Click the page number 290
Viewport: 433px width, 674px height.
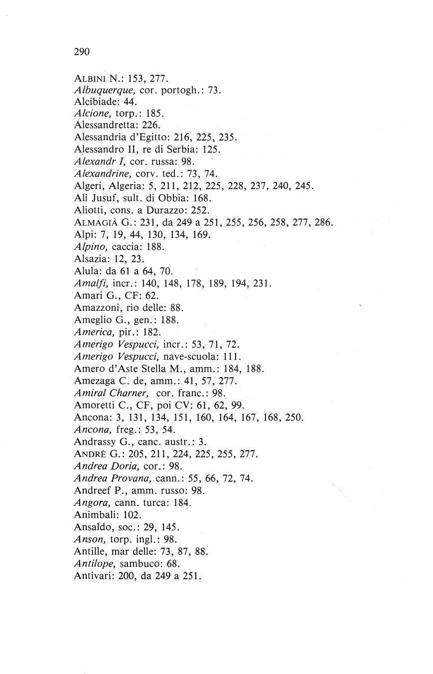pyautogui.click(x=81, y=51)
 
